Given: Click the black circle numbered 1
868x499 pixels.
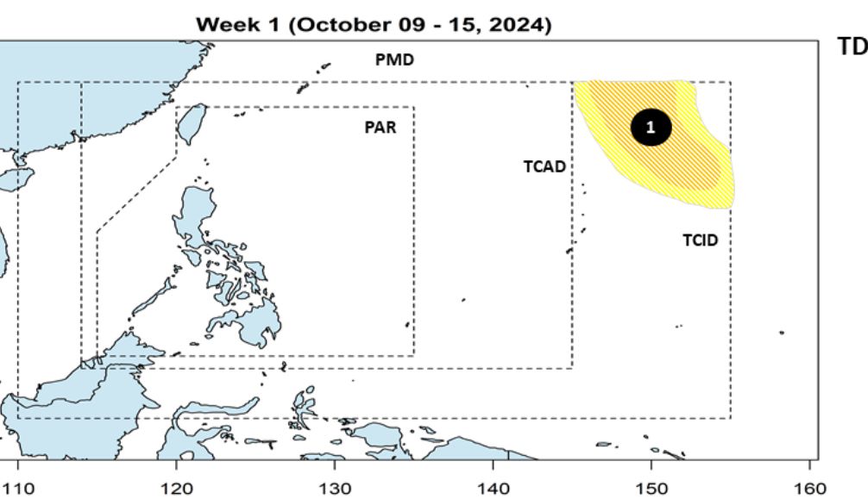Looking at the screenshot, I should [x=651, y=128].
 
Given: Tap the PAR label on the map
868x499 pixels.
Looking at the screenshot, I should [x=381, y=128].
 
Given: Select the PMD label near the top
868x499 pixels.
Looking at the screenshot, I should [x=394, y=60].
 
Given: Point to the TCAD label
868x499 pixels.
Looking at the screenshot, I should [x=544, y=166].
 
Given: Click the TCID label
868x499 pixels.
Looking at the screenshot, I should [x=700, y=240].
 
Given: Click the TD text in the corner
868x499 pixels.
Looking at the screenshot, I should [x=852, y=47].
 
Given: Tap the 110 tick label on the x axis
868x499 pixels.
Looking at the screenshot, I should [x=19, y=489].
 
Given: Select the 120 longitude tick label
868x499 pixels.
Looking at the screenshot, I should [x=177, y=489].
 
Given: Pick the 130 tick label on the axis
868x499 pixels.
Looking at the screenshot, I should [x=335, y=489].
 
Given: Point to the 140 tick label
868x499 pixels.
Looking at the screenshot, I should [x=494, y=489].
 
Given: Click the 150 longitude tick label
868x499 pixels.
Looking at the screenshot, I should [x=651, y=489].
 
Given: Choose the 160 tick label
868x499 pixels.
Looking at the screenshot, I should [x=809, y=489].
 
